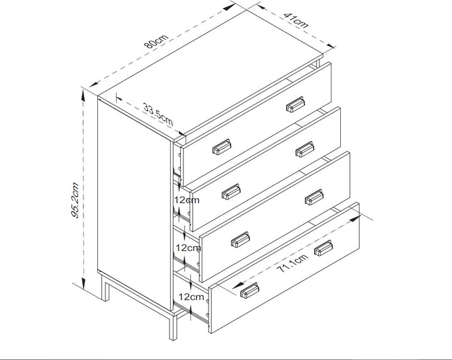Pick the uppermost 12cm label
coord(187,200)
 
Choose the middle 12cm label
coord(188,248)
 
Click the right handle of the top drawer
coord(295,105)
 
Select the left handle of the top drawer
coord(222,147)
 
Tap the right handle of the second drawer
coord(304,149)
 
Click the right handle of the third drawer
coord(313,198)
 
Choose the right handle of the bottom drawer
coord(323,247)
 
